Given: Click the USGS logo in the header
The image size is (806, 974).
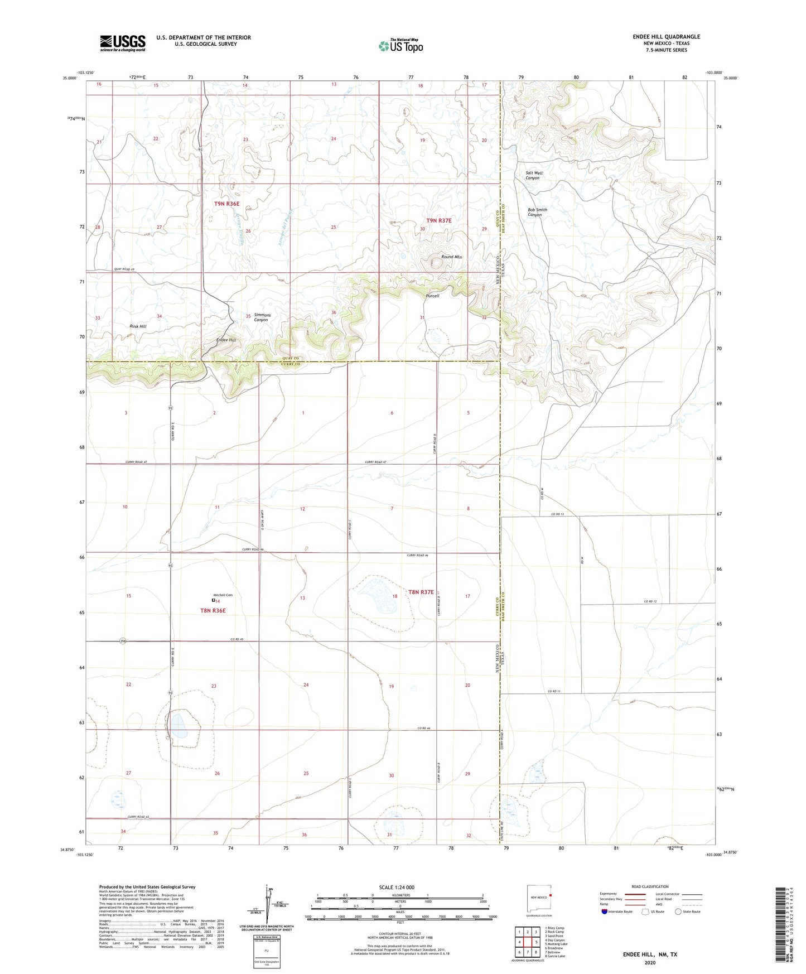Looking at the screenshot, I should click(x=123, y=43).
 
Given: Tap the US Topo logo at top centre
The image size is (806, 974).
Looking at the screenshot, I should click(x=400, y=46).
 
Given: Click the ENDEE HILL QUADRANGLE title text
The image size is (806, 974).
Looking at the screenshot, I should click(x=666, y=37).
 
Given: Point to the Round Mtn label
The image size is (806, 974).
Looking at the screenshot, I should click(x=451, y=257).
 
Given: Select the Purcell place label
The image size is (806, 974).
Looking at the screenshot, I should click(x=432, y=296).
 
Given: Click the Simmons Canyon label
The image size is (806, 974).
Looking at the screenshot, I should click(x=262, y=317).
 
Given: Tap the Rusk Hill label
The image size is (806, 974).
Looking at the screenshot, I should click(x=138, y=326).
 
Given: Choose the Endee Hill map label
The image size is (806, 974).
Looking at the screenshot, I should click(x=226, y=340).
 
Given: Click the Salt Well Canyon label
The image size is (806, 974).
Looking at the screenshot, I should click(x=534, y=175).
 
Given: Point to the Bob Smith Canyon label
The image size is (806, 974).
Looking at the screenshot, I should click(x=537, y=212).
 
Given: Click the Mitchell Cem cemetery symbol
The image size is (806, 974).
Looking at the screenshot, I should click(x=213, y=601).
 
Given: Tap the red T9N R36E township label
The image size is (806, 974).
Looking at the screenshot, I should click(x=226, y=204).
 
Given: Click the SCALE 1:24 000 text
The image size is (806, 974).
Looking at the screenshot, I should click(x=397, y=887).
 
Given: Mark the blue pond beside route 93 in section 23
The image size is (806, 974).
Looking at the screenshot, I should click(x=178, y=725).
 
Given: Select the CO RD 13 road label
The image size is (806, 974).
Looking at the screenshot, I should click(x=558, y=514).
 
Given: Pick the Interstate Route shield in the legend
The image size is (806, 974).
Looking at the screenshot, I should click(x=605, y=912).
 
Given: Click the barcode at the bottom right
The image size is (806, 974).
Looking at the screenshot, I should click(x=780, y=926).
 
